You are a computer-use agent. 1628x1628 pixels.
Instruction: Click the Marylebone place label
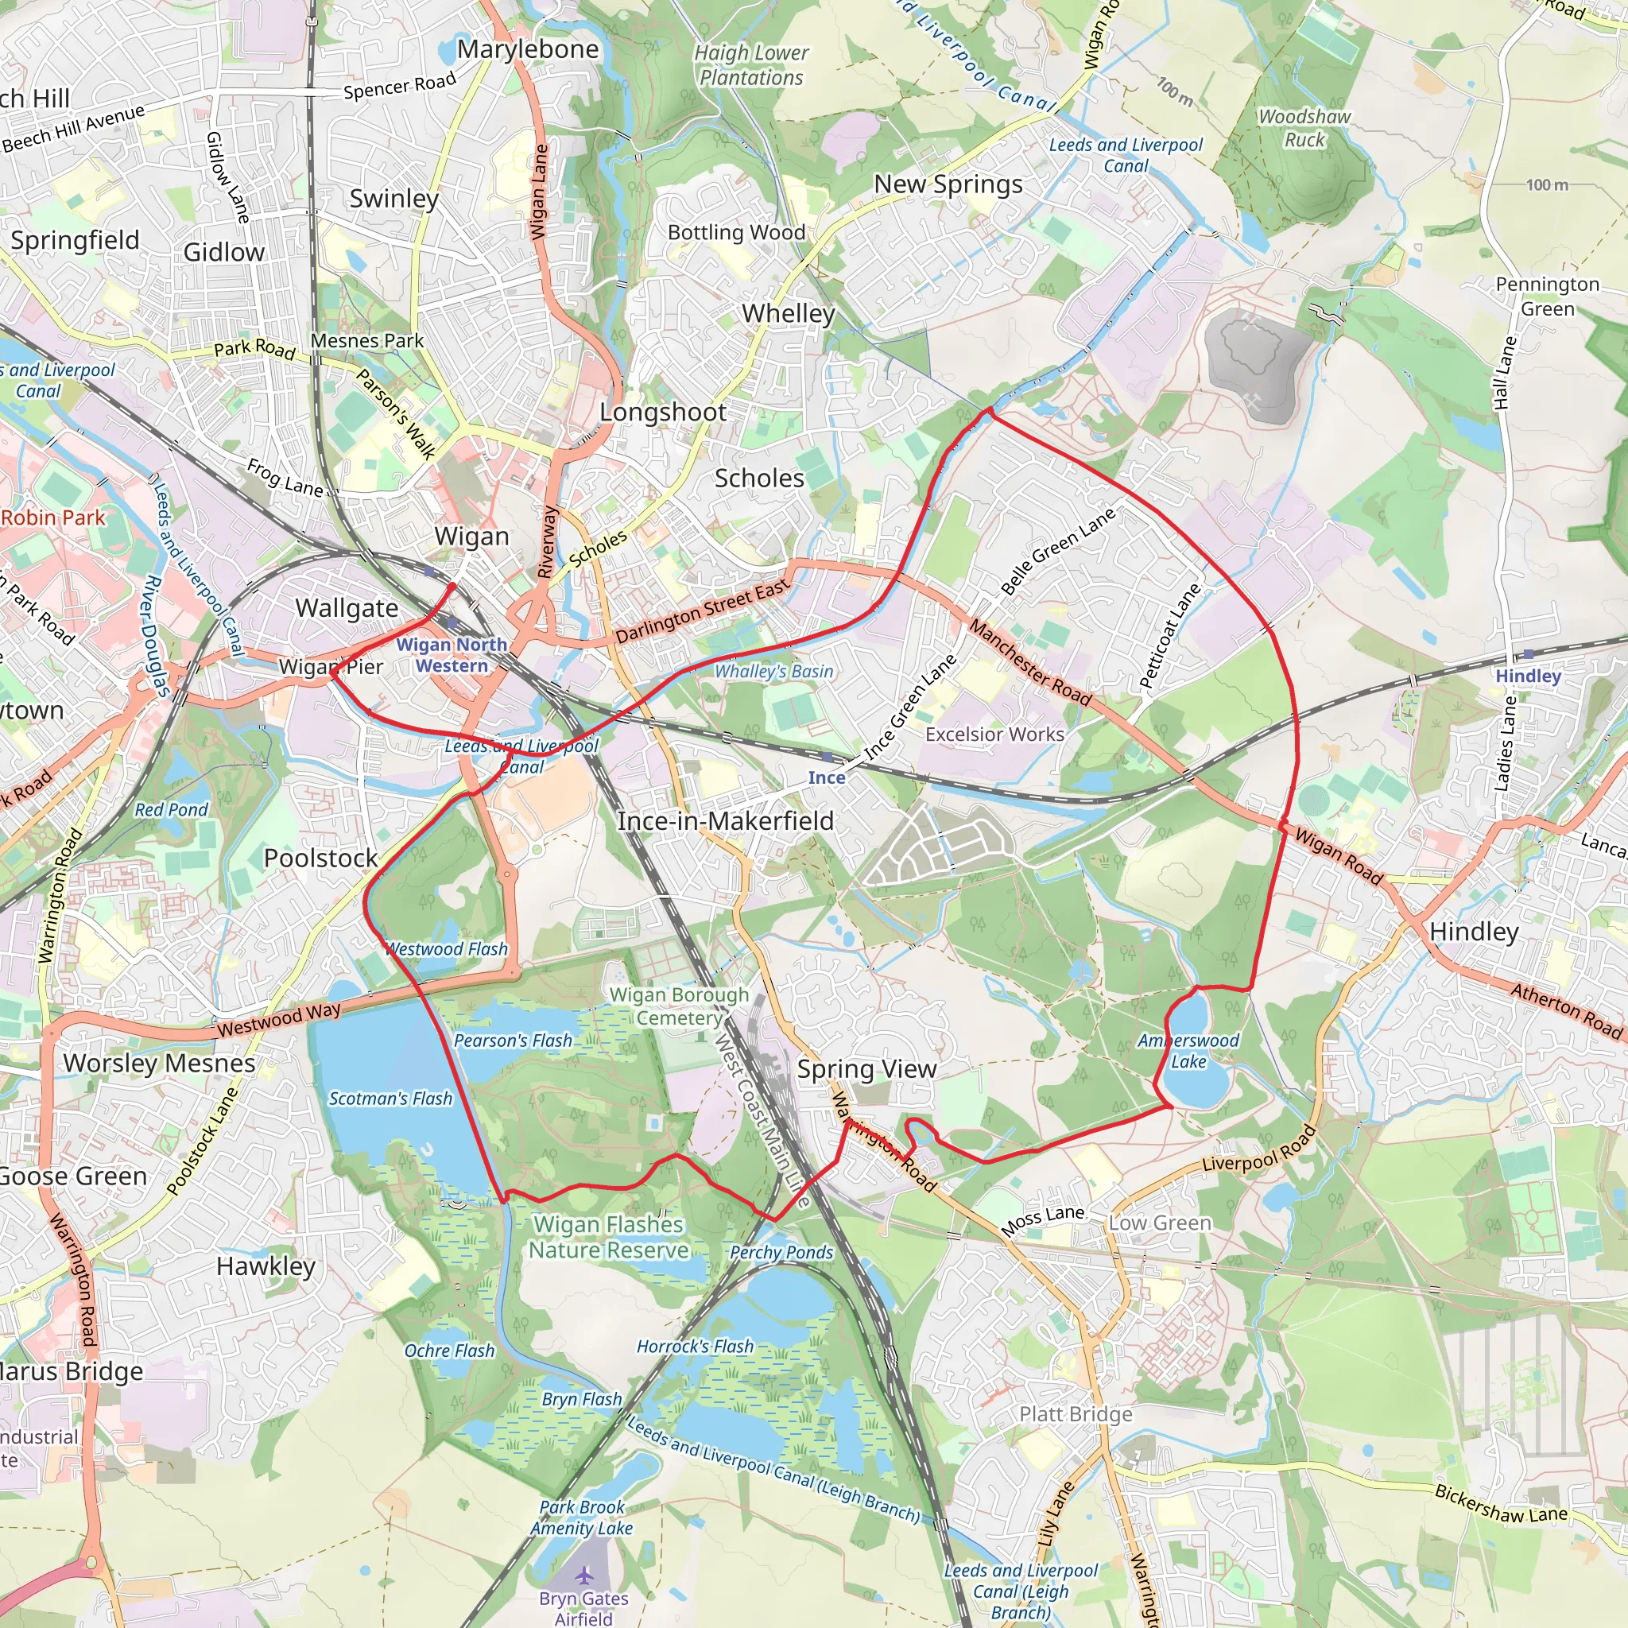(x=528, y=48)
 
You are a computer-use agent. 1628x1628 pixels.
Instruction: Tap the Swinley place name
(x=393, y=199)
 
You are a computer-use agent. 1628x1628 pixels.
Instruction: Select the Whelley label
(x=788, y=313)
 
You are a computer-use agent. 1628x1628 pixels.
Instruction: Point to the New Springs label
(x=948, y=184)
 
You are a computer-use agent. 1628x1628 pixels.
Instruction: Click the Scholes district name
(x=759, y=479)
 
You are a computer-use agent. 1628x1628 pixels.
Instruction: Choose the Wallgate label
(x=347, y=608)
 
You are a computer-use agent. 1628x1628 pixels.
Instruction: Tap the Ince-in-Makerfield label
(x=726, y=820)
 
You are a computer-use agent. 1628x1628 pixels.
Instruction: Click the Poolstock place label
(x=321, y=858)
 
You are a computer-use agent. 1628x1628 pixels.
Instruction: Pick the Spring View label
(x=866, y=1068)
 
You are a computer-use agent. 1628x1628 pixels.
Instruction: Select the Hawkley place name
(x=266, y=1266)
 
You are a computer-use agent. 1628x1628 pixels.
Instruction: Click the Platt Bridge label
(x=1076, y=1414)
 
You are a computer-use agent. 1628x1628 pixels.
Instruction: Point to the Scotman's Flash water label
(x=390, y=1099)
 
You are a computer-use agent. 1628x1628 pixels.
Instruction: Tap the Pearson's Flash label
(x=513, y=1041)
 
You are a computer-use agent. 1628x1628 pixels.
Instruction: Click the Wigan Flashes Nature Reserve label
(x=608, y=1237)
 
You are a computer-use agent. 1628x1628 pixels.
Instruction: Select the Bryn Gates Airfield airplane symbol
(x=584, y=1575)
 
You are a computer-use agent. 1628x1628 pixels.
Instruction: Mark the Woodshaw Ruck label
(x=1304, y=128)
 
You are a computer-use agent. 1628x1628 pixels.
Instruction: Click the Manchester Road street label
(x=1029, y=662)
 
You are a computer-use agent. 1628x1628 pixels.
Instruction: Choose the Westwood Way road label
(x=279, y=1020)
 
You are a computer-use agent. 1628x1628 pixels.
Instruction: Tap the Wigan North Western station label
(x=452, y=655)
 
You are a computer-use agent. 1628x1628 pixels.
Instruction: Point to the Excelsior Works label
(x=994, y=735)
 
